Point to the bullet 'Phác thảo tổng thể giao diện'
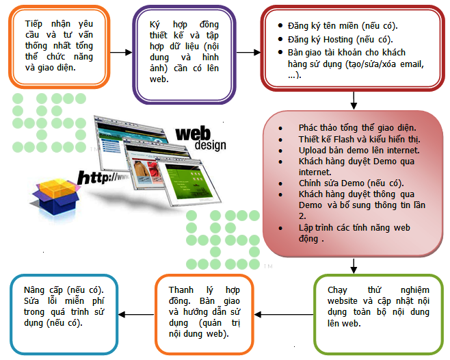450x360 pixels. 357,128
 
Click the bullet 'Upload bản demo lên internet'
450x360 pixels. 358,150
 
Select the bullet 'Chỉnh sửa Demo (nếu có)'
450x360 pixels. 351,183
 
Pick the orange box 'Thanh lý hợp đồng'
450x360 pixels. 204,314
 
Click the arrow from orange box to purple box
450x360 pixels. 120,51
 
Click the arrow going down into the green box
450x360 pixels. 354,266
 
